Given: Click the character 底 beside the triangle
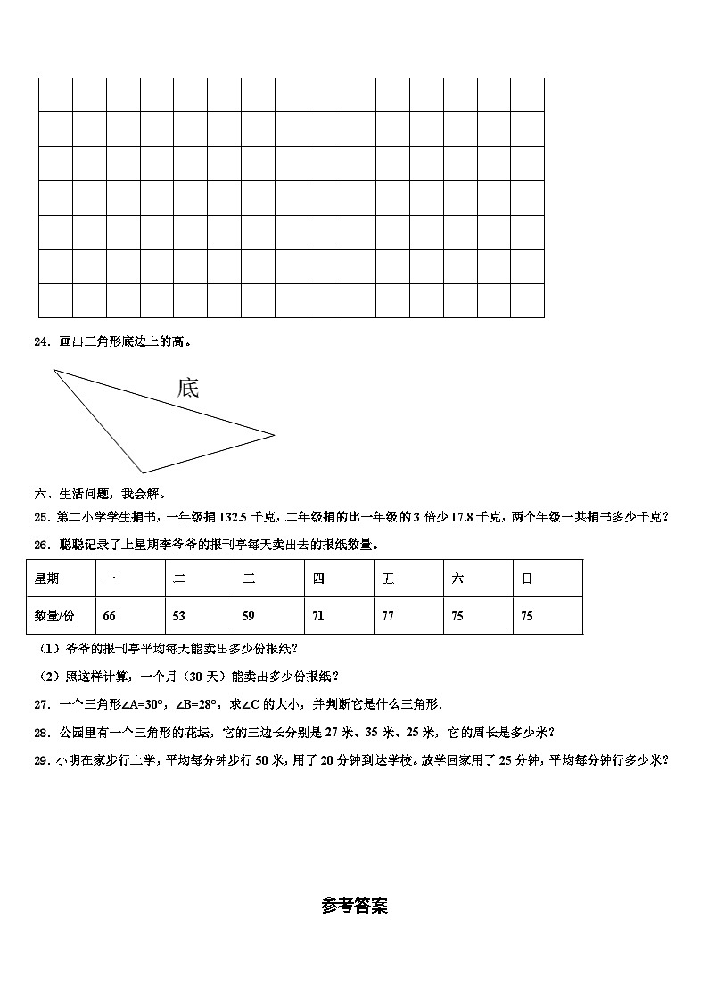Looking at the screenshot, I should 188,388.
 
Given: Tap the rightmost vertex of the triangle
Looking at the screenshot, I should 274,435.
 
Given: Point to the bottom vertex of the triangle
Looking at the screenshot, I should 143,472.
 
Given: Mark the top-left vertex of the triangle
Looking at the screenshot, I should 54,370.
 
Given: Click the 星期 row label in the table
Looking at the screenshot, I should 47,578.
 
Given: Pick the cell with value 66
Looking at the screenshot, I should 110,616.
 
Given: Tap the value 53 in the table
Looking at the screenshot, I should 179,616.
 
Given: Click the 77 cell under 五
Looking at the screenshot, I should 388,616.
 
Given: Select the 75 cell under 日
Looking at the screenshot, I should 527,616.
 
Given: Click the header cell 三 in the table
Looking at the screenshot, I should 249,578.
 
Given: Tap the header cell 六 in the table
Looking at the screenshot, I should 457,578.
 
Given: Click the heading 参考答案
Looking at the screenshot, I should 354,906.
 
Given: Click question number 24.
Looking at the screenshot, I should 41,341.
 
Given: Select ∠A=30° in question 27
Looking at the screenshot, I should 144,704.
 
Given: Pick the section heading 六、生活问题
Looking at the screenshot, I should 76,493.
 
